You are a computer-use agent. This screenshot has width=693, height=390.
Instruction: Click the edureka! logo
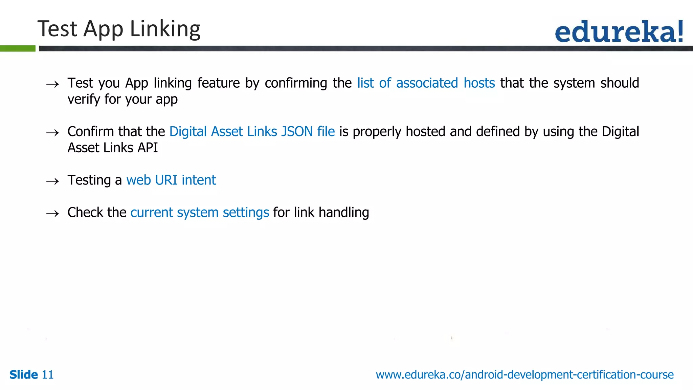tap(619, 31)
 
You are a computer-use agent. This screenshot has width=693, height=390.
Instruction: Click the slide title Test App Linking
tap(119, 29)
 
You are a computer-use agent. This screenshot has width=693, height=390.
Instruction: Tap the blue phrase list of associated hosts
tap(426, 83)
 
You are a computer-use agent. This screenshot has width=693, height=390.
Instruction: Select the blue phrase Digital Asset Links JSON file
tap(252, 132)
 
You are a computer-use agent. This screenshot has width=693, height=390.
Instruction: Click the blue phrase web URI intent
tap(171, 180)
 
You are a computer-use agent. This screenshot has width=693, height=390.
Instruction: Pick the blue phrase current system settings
tap(200, 213)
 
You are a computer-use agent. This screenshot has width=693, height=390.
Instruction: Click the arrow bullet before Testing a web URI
tap(52, 181)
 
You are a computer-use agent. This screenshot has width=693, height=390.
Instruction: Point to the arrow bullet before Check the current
tap(52, 214)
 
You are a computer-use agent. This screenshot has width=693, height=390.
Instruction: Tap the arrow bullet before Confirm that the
tap(52, 133)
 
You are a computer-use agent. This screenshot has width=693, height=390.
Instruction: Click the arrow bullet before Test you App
tap(52, 84)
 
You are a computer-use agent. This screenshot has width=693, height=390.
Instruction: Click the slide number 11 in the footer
tap(47, 375)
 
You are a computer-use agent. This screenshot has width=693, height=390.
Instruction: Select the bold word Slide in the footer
tap(24, 375)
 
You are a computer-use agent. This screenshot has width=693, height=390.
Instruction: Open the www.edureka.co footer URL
tap(524, 375)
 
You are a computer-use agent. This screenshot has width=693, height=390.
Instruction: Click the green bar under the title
tap(18, 48)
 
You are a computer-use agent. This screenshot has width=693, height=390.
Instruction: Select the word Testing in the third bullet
tap(89, 180)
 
